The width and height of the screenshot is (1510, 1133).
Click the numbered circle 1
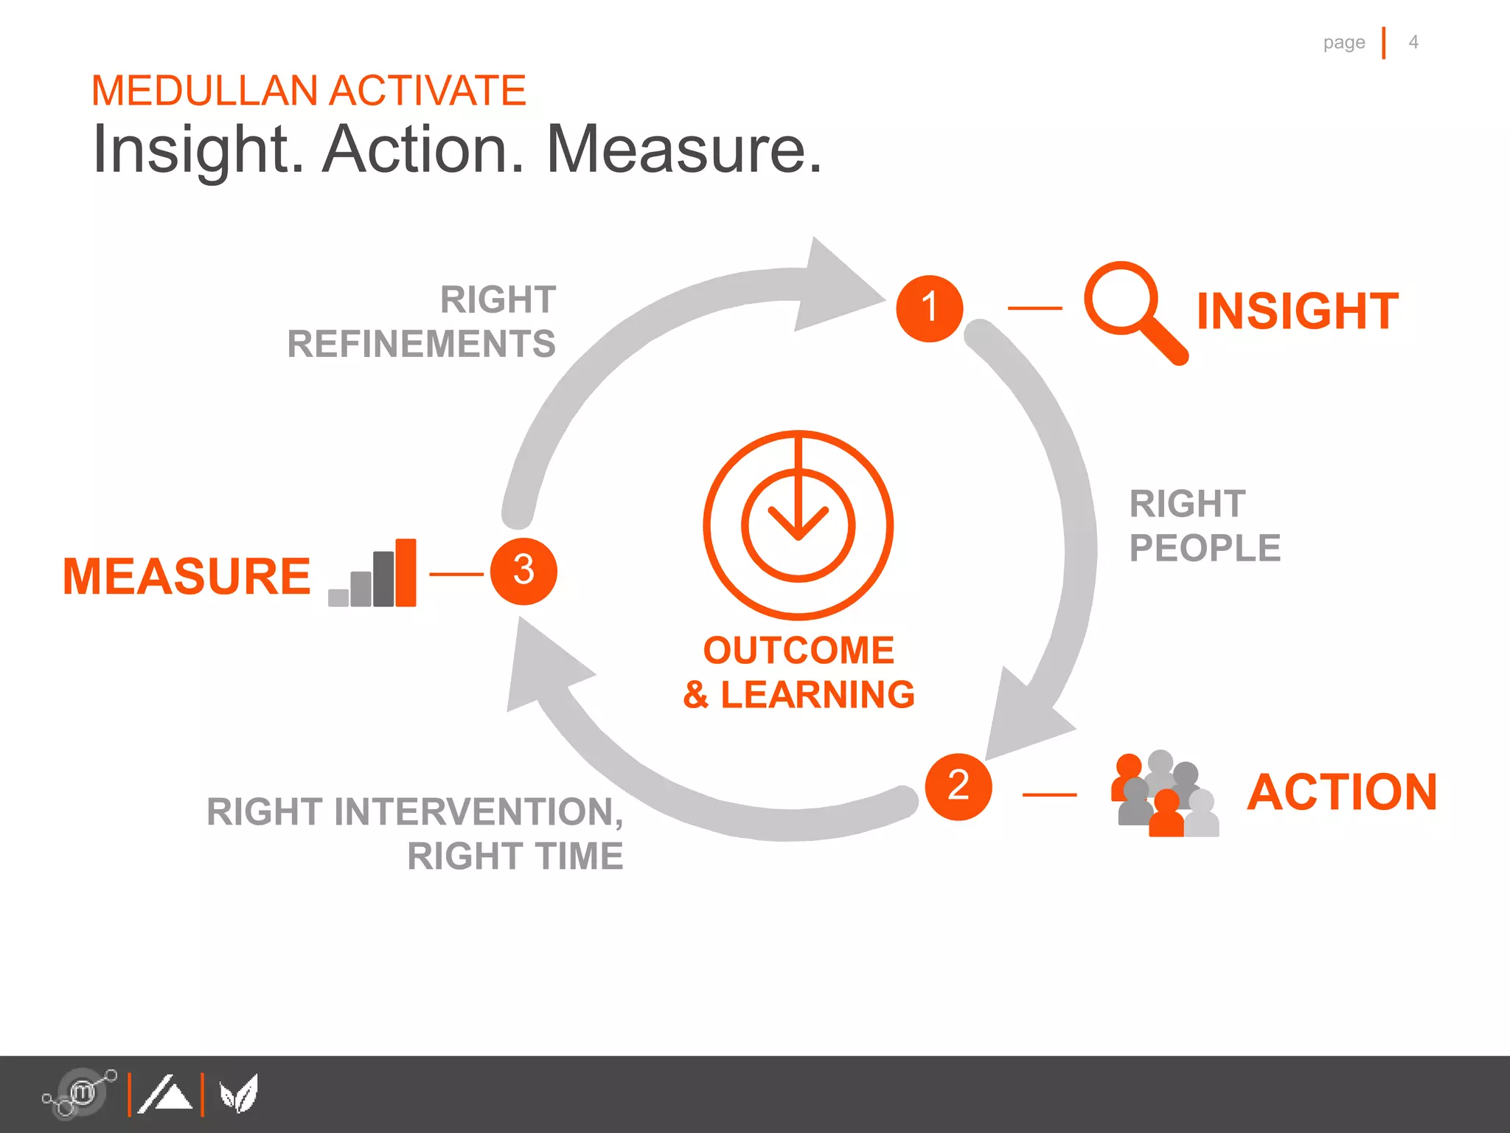click(x=929, y=308)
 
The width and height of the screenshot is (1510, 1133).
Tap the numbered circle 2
click(x=958, y=786)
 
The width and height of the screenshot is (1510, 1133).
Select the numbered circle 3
click(x=523, y=572)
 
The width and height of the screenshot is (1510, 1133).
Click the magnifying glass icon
click(x=1132, y=310)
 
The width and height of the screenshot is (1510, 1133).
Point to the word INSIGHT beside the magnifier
click(x=1297, y=311)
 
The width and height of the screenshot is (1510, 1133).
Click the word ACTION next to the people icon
click(x=1342, y=792)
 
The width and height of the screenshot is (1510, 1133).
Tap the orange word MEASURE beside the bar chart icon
click(x=187, y=576)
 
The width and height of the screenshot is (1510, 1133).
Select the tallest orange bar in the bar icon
click(x=406, y=572)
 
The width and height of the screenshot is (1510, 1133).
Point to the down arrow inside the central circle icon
click(x=798, y=509)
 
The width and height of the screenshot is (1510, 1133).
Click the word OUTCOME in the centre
click(x=799, y=651)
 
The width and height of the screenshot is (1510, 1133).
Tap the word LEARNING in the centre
click(x=817, y=695)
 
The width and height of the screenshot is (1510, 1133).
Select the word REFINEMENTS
click(x=421, y=344)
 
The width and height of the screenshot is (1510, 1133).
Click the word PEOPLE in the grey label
click(x=1205, y=548)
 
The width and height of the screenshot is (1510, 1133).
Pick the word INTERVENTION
click(x=473, y=812)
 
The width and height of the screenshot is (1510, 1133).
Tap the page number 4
click(x=1413, y=42)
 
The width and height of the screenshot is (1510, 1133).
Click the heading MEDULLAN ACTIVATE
click(x=308, y=91)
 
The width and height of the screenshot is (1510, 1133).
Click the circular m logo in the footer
click(x=81, y=1092)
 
